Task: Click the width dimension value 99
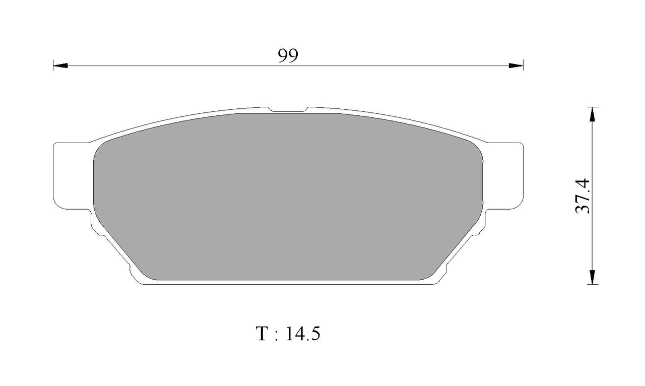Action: point(288,55)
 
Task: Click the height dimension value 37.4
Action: point(583,196)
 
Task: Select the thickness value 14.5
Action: point(302,334)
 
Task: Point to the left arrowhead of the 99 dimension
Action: point(60,66)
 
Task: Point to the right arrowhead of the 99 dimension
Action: point(516,66)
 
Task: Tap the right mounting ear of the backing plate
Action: point(504,175)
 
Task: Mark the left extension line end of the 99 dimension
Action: point(53,65)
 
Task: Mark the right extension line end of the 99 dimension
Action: point(523,65)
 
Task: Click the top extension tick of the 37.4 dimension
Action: point(593,107)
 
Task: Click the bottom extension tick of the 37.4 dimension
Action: point(593,284)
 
